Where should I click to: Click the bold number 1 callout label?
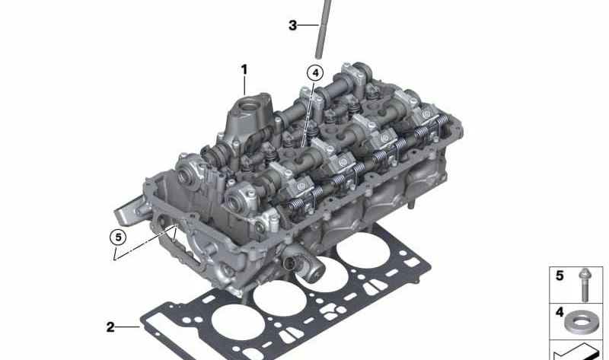tap(244, 70)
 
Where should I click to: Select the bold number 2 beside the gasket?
tap(110, 327)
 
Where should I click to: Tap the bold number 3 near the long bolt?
tap(292, 26)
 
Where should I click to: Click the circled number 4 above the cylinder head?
tap(315, 72)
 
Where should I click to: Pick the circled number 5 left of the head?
tap(118, 237)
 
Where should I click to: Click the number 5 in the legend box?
tap(560, 276)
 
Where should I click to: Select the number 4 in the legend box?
tap(560, 312)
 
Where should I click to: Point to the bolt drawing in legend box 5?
tap(584, 285)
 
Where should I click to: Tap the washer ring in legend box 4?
tap(580, 323)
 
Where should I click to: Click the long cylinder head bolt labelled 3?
tap(324, 29)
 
